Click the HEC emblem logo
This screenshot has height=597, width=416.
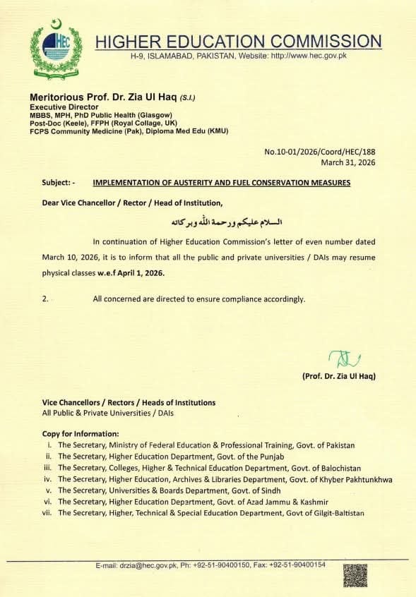[x=56, y=47]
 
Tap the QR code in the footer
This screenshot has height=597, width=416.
[x=355, y=575]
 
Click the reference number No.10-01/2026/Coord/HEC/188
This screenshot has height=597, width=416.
[x=320, y=152]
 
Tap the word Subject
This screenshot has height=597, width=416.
[x=56, y=183]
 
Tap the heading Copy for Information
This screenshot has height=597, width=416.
[x=80, y=433]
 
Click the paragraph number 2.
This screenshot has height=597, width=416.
[x=45, y=298]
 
